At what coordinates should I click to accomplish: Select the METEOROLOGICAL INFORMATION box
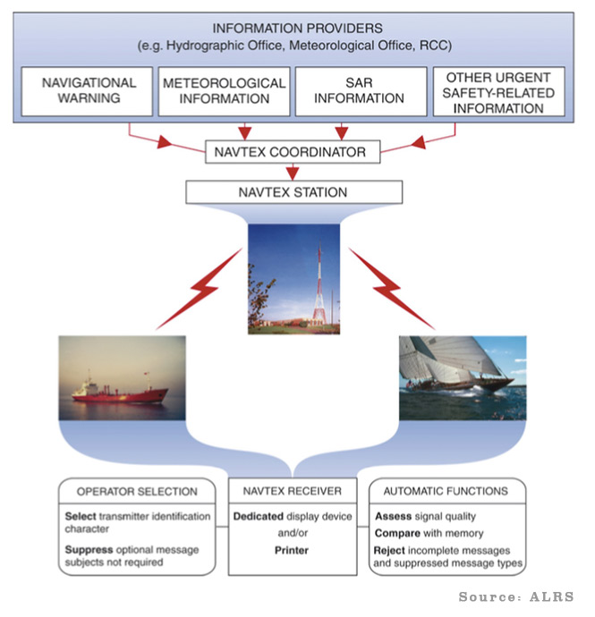click(x=224, y=90)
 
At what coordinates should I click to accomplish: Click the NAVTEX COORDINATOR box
click(x=290, y=152)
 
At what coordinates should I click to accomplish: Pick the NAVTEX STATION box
click(x=290, y=191)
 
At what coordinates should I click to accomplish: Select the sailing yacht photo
click(x=461, y=376)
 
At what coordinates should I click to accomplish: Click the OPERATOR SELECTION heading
click(x=137, y=491)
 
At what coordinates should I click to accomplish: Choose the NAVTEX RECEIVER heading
click(x=291, y=491)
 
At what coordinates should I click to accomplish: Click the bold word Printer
click(x=292, y=550)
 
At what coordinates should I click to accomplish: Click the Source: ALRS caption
click(x=516, y=596)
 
